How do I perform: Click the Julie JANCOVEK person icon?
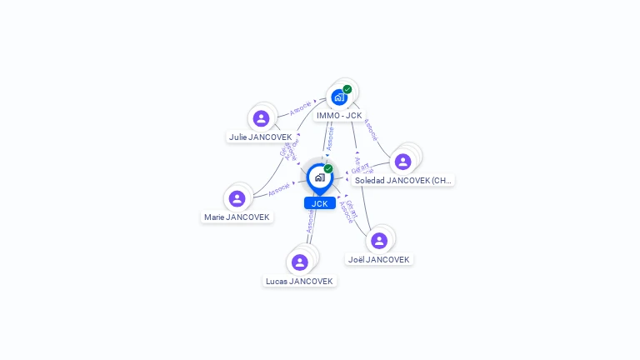click(261, 118)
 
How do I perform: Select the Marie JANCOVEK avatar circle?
click(237, 198)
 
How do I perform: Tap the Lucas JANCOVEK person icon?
click(299, 262)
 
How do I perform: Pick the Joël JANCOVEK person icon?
click(379, 241)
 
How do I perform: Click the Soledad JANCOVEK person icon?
click(402, 162)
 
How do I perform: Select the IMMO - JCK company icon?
click(338, 97)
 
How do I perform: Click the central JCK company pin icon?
click(319, 177)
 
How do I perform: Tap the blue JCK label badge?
click(320, 203)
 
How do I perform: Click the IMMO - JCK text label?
click(339, 115)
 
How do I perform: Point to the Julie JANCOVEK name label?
click(261, 137)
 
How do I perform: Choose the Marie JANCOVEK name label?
click(237, 217)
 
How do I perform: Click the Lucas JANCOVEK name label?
click(299, 281)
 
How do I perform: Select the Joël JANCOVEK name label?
click(379, 259)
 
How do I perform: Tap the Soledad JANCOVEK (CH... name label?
click(402, 180)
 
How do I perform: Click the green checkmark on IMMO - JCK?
click(347, 89)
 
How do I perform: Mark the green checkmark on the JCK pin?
click(328, 169)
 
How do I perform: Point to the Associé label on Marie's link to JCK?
click(279, 189)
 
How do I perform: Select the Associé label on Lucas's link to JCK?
click(310, 221)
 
